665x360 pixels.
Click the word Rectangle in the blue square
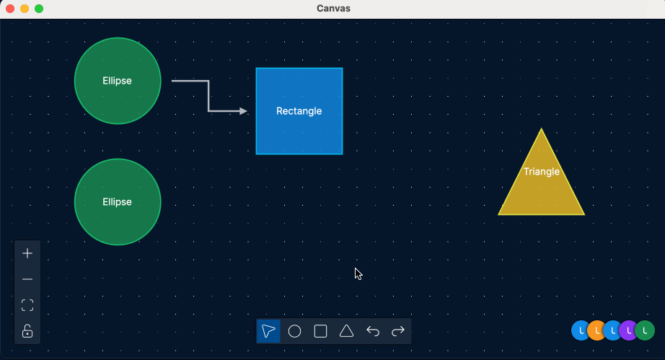coord(299,111)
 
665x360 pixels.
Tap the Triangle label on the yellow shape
coord(541,172)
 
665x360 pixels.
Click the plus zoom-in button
coord(27,253)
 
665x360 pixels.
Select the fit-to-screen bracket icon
coord(27,305)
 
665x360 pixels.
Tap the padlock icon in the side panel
coord(27,330)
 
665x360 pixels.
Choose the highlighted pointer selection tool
coord(268,330)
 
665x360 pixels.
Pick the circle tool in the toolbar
coord(294,330)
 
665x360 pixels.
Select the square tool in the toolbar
coord(321,330)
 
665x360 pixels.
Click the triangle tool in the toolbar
coord(346,330)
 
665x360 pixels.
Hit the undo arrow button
coord(373,330)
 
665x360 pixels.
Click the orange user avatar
coord(597,330)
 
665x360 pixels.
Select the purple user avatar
coord(628,330)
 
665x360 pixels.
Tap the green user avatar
coord(645,330)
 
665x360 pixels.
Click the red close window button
coord(10,9)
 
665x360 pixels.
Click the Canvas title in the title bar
coord(333,9)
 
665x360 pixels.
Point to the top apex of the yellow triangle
coord(541,128)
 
